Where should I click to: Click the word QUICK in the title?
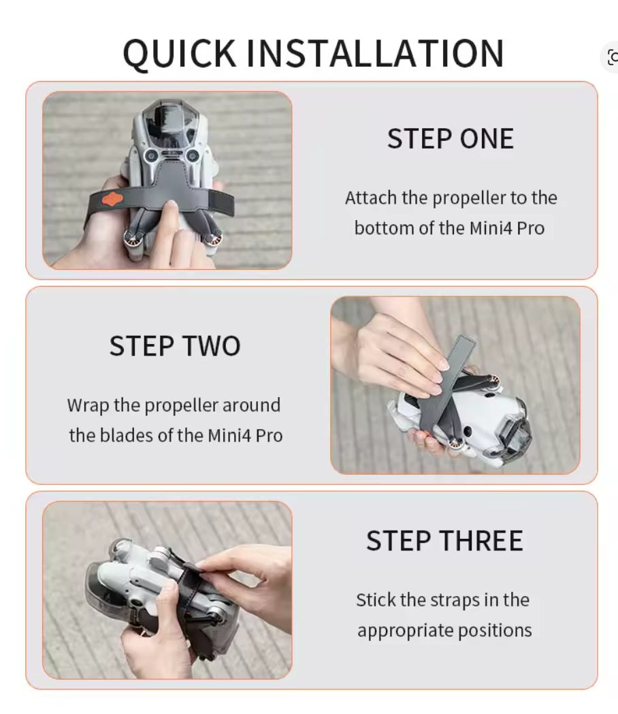coord(180,55)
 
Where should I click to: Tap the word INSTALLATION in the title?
coord(375,53)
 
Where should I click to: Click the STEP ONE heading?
coord(451,138)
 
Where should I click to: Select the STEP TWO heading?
coord(175,345)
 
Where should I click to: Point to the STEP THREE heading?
coord(444,540)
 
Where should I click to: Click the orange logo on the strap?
coord(112,199)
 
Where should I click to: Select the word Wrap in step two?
coord(88,406)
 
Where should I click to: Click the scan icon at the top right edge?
coord(613,57)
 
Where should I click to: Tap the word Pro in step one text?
coord(530,228)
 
